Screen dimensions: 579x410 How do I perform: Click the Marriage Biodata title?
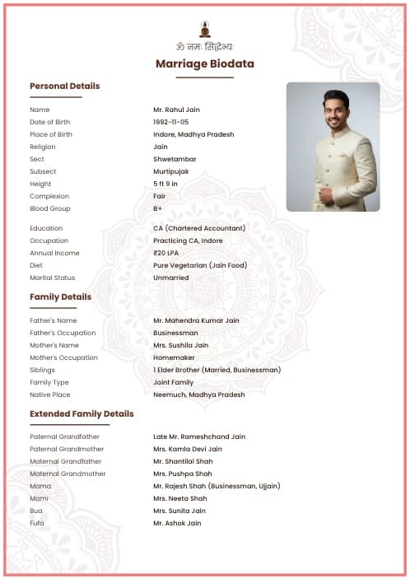click(x=204, y=64)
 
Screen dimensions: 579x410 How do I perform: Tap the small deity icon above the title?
click(x=204, y=29)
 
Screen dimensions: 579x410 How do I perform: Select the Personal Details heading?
click(x=64, y=86)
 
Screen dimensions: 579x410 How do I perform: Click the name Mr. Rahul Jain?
click(x=176, y=110)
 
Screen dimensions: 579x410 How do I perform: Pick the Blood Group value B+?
click(x=157, y=208)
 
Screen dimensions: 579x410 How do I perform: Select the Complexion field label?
click(x=49, y=196)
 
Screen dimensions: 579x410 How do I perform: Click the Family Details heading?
click(x=60, y=297)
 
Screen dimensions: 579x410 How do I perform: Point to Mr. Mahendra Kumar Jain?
click(x=196, y=320)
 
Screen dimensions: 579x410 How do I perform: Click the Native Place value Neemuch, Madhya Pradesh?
click(x=198, y=395)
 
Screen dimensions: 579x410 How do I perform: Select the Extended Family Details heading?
click(x=82, y=414)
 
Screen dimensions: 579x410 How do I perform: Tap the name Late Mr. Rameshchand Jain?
click(x=198, y=437)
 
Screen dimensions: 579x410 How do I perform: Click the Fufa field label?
click(x=37, y=523)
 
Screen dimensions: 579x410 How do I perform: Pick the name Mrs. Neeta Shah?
click(x=179, y=498)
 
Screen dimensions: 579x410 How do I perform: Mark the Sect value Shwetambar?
click(x=175, y=159)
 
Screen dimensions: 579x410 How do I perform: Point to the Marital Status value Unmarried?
click(x=170, y=278)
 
